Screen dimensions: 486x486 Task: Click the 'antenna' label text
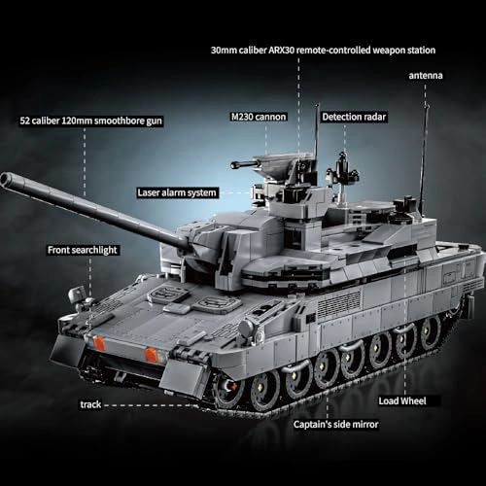click(425, 75)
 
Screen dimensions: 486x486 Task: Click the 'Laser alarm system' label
click(177, 192)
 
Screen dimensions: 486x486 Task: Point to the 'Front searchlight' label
click(83, 250)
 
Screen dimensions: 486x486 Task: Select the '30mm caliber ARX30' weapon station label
click(322, 49)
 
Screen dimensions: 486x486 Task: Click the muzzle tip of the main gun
click(7, 179)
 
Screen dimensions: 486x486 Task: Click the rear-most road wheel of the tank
click(429, 330)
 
